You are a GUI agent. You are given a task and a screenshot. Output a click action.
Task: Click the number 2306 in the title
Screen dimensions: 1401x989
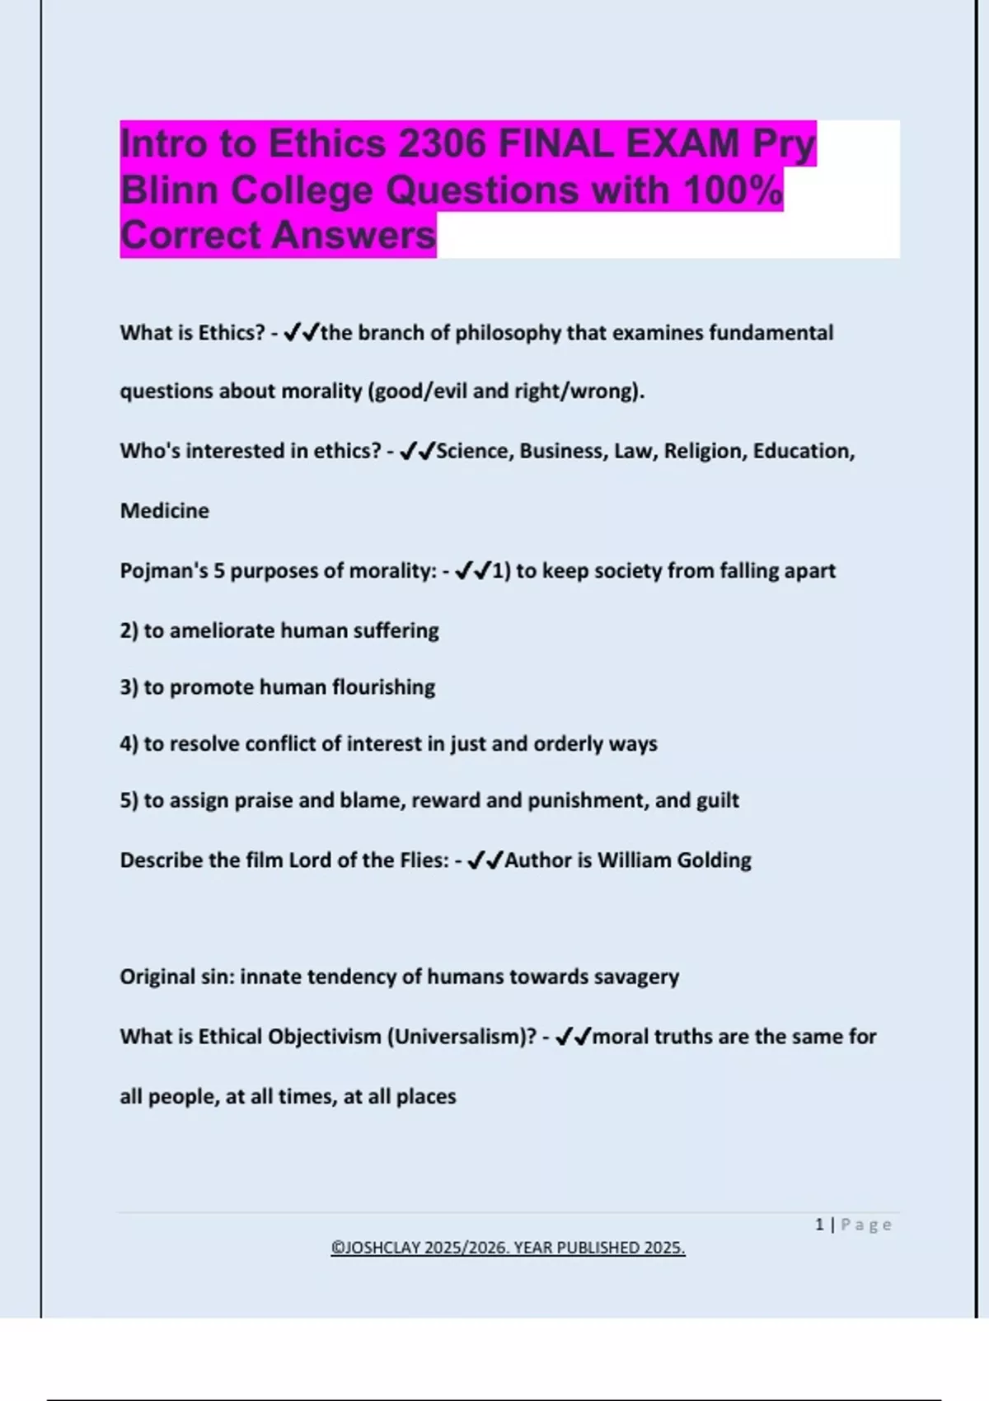coord(442,144)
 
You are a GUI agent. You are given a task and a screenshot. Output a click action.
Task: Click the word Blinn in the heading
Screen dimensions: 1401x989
coord(169,190)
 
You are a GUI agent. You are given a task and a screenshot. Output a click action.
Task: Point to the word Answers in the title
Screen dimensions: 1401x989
coord(354,236)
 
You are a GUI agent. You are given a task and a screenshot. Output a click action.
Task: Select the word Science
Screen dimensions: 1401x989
coord(473,451)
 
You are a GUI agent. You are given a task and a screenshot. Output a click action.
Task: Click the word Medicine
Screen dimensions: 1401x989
coord(165,511)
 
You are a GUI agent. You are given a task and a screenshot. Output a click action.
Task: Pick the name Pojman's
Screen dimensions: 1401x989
coord(164,571)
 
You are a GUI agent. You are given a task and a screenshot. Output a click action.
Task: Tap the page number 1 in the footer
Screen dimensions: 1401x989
coord(819,1225)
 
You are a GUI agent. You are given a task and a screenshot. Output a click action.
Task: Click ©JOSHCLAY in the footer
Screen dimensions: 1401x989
coord(376,1248)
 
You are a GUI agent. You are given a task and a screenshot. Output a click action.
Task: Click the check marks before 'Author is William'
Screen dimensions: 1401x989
coord(485,860)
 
